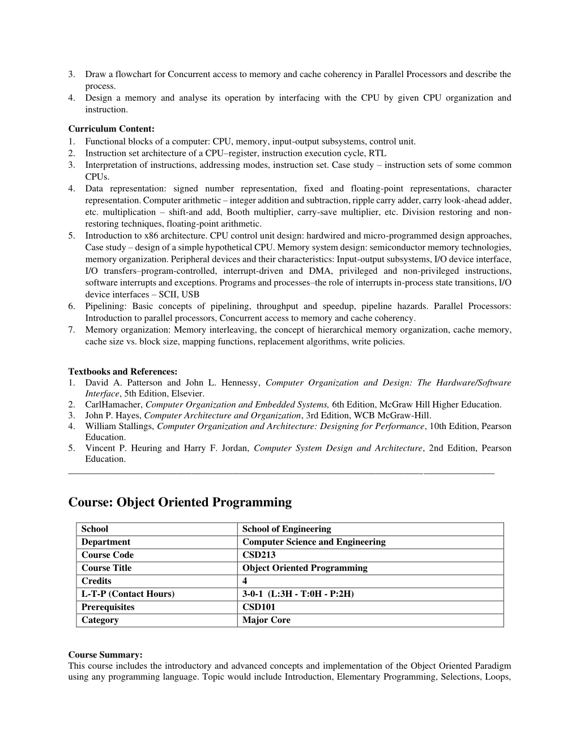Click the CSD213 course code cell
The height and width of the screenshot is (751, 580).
[259, 555]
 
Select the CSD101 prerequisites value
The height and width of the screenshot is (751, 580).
[259, 607]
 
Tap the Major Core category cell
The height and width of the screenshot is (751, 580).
[266, 620]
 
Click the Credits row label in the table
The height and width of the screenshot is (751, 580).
[96, 581]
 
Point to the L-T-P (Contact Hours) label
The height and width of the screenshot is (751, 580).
[128, 594]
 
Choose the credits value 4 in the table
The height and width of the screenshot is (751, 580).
[245, 581]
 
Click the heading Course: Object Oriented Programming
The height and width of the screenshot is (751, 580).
[180, 502]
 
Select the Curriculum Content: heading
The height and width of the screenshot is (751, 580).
[112, 129]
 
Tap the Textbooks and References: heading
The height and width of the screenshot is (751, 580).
[123, 372]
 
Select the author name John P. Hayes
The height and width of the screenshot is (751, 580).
[113, 415]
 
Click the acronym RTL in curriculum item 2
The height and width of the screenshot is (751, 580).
[378, 153]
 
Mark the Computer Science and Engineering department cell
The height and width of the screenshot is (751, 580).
[314, 542]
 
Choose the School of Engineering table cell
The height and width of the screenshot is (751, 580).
[287, 529]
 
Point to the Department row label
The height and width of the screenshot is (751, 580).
[105, 542]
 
